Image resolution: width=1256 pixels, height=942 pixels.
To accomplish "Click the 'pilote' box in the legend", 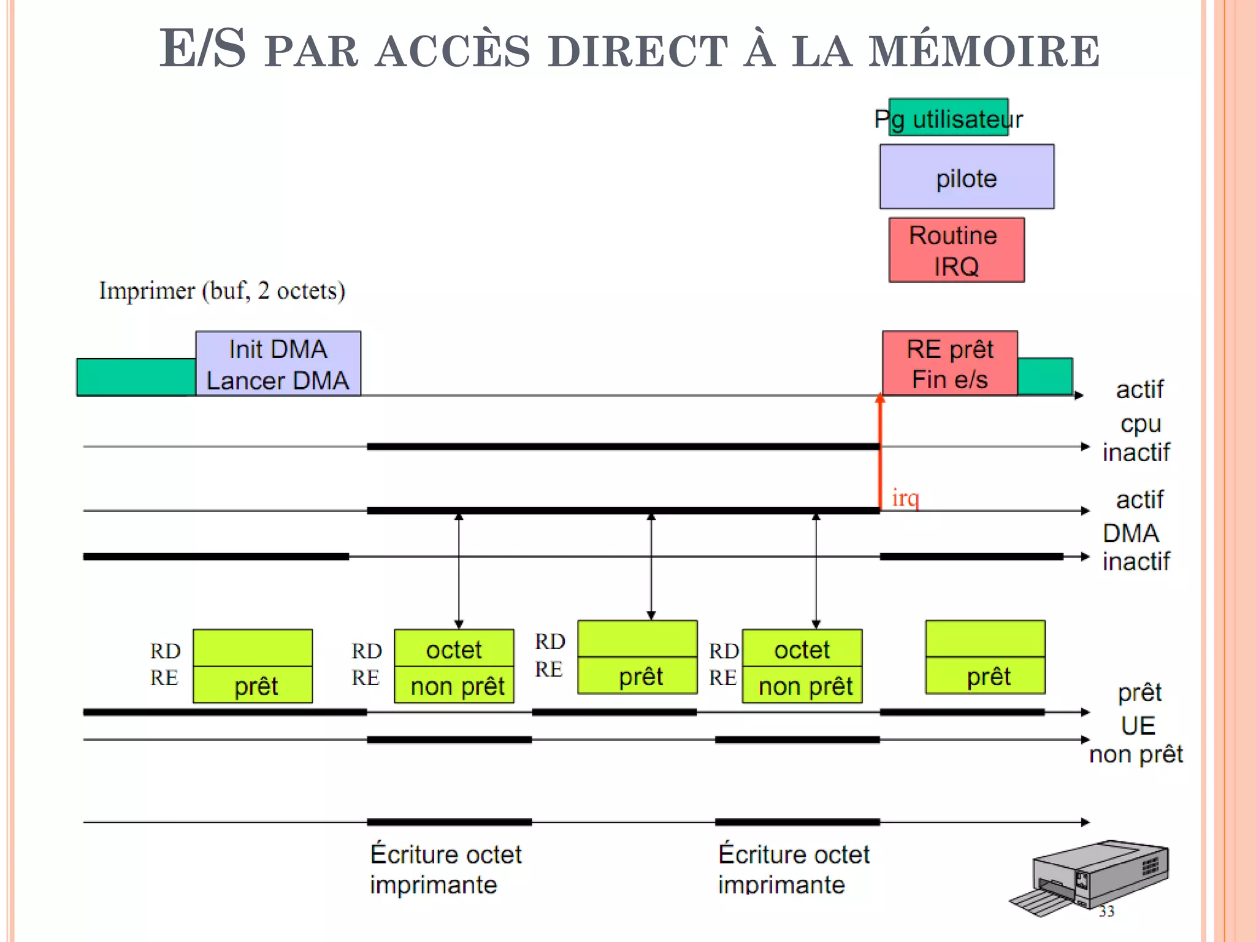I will (967, 177).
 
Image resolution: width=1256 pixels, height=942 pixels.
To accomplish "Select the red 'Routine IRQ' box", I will (956, 250).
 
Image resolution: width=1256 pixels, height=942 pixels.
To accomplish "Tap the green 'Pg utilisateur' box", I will (948, 118).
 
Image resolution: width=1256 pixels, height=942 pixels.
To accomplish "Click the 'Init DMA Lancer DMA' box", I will (278, 364).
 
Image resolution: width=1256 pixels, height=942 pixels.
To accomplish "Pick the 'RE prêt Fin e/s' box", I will (949, 364).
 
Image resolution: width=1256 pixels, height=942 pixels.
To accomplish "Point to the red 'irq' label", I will (905, 497).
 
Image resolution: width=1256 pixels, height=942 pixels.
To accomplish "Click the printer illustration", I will (1092, 877).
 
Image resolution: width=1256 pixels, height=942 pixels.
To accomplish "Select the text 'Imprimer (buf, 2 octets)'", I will (222, 291).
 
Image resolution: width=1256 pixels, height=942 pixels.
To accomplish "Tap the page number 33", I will (1106, 911).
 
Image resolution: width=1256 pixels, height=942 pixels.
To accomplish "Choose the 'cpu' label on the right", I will (1140, 423).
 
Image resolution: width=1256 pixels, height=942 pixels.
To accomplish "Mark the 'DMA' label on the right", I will (1130, 533).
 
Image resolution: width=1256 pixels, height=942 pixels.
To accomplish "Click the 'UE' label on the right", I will (1138, 726).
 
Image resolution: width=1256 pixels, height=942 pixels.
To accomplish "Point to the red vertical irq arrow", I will (880, 454).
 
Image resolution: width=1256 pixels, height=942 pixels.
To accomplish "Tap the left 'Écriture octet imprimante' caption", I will (445, 869).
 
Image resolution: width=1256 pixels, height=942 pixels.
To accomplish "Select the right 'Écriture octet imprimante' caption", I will (794, 869).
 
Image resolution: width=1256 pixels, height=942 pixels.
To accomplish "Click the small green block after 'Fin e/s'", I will (1044, 376).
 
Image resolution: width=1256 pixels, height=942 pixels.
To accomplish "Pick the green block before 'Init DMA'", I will (136, 377).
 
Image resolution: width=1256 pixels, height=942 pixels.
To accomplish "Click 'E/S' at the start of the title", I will (203, 48).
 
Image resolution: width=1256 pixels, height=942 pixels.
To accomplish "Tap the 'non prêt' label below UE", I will (1136, 754).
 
